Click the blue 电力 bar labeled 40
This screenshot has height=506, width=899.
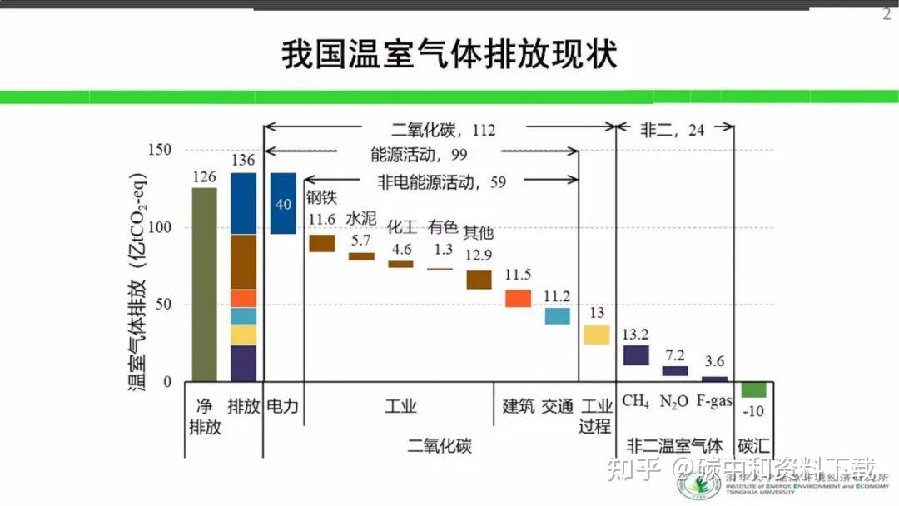pyautogui.click(x=283, y=203)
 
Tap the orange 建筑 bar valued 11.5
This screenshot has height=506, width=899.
pyautogui.click(x=518, y=298)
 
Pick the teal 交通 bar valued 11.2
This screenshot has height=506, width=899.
pyautogui.click(x=558, y=316)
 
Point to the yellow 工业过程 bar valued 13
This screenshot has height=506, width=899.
pyautogui.click(x=596, y=335)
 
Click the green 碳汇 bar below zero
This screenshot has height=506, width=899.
pyautogui.click(x=754, y=389)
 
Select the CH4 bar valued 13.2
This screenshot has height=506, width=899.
pyautogui.click(x=636, y=355)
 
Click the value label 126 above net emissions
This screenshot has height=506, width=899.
pyautogui.click(x=204, y=177)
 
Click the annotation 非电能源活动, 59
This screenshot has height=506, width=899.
pyautogui.click(x=441, y=181)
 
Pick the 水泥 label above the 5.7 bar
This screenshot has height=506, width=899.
pyautogui.click(x=360, y=219)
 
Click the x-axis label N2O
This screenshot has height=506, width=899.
pyautogui.click(x=673, y=402)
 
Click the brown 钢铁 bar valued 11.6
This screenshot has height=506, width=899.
pyautogui.click(x=321, y=243)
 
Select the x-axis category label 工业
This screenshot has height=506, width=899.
pyautogui.click(x=400, y=406)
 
